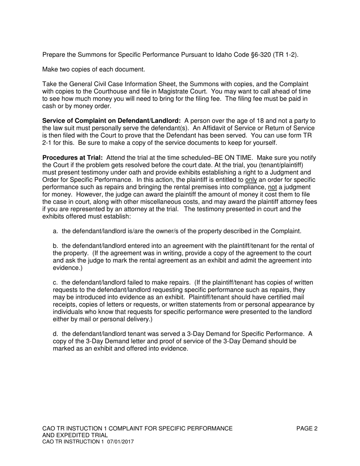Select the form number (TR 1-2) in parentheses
pyautogui.click(x=285, y=55)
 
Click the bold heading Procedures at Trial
pyautogui.click(x=72, y=158)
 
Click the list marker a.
pyautogui.click(x=56, y=231)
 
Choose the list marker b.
pyautogui.click(x=56, y=246)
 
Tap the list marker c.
pyautogui.click(x=55, y=283)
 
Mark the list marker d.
pyautogui.click(x=56, y=334)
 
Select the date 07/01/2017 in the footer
pyautogui.click(x=120, y=442)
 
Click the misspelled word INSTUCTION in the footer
pyautogui.click(x=82, y=428)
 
